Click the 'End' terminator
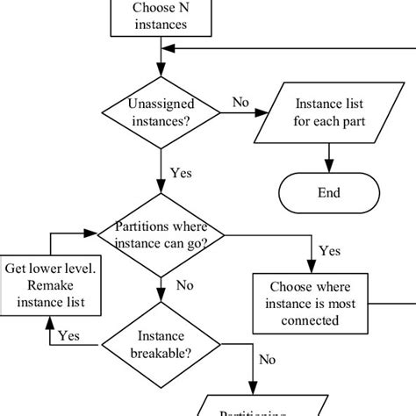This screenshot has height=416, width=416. coord(331,192)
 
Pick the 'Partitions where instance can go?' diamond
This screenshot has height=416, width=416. coord(160,235)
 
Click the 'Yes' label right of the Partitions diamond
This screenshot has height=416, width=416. coord(329,251)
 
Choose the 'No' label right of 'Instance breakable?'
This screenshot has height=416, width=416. coord(269,359)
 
